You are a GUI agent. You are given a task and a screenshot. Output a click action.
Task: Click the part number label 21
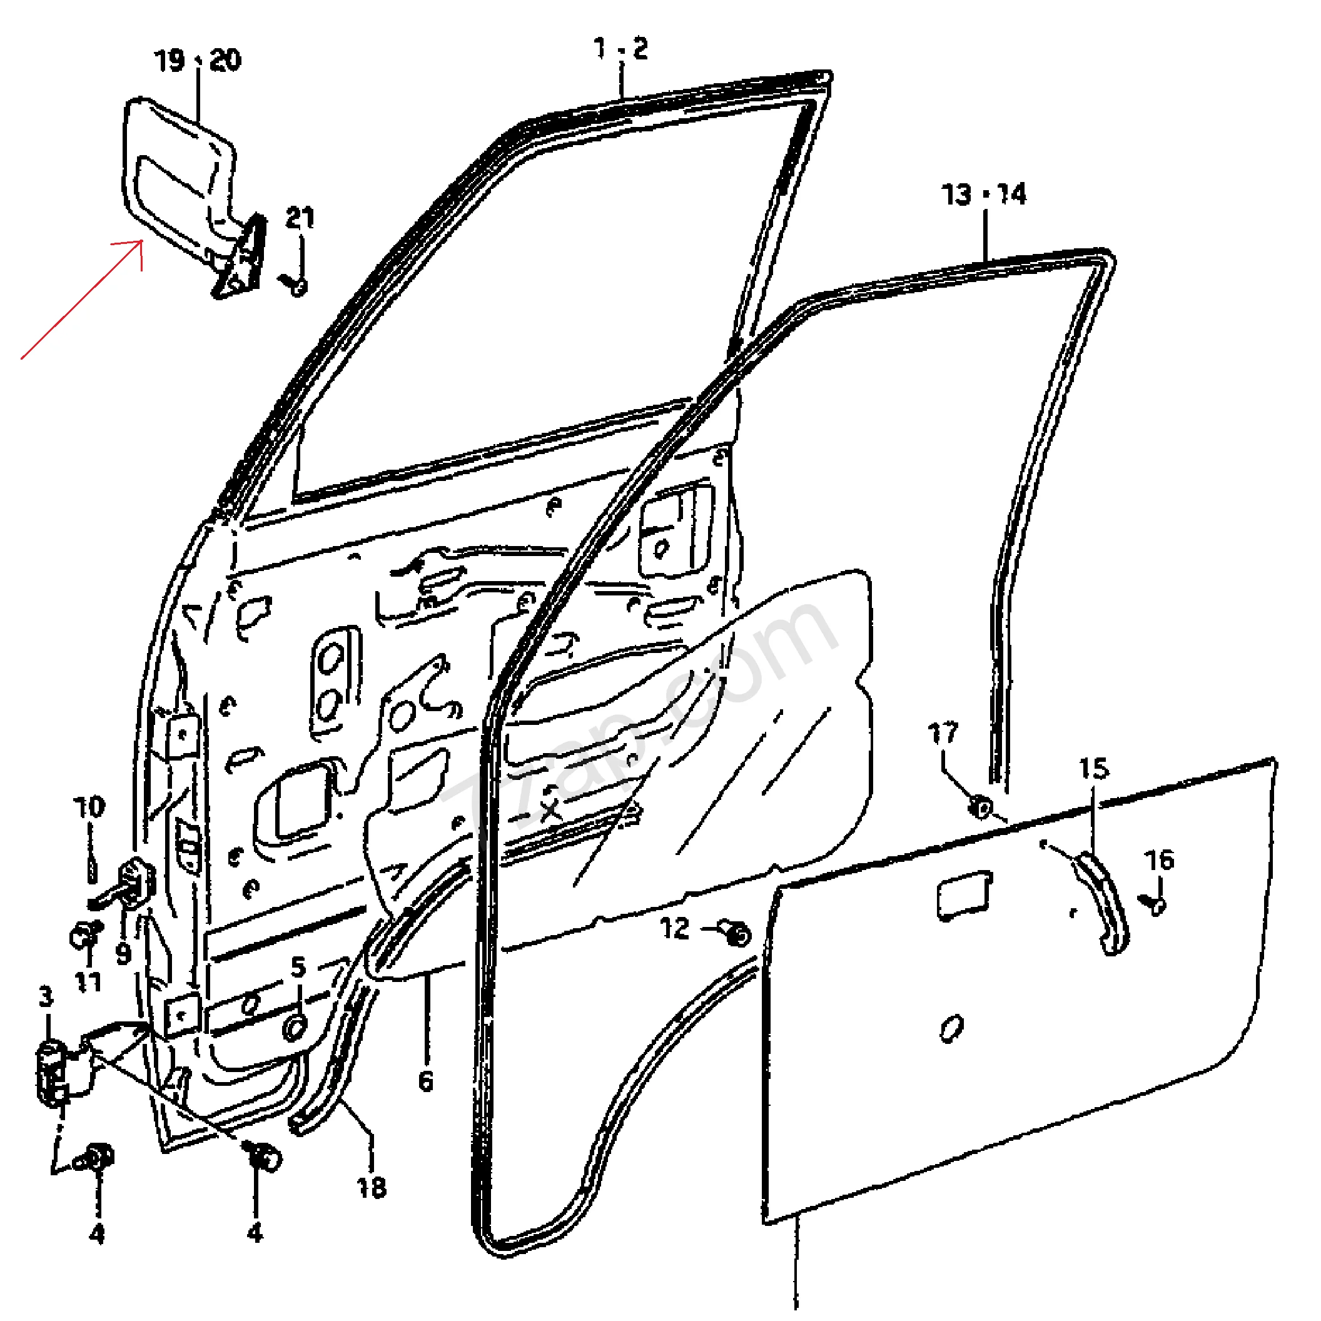click(x=300, y=218)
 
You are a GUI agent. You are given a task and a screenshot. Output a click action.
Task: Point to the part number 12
click(x=675, y=929)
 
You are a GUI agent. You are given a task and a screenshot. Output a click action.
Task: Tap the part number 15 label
click(x=1093, y=769)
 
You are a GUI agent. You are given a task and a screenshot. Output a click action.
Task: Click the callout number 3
click(x=46, y=997)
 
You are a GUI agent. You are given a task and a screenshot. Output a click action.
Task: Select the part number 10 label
click(x=89, y=807)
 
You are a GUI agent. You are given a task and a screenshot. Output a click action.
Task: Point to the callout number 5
click(x=298, y=968)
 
